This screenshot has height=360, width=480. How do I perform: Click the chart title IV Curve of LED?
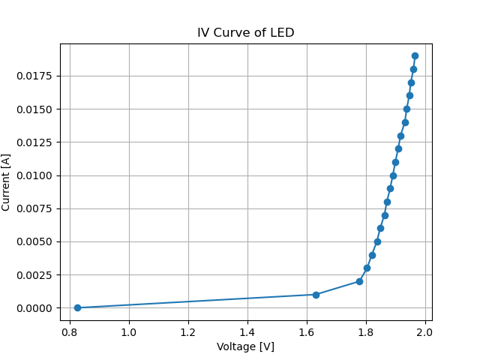pos(245,33)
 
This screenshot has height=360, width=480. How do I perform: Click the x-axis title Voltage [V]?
pos(245,346)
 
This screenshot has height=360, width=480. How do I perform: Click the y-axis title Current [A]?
pos(7,181)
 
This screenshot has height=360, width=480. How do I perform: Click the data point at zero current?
pos(77,307)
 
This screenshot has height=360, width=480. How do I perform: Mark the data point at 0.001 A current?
pos(316,295)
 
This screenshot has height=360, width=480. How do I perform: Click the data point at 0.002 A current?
pos(359,281)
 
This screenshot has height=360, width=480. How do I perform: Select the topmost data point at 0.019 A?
pos(415,55)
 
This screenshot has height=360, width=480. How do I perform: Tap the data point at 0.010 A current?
pos(393,175)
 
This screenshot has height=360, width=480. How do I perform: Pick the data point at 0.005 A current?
pos(377,241)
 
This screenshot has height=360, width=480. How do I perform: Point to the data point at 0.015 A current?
pos(406,109)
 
